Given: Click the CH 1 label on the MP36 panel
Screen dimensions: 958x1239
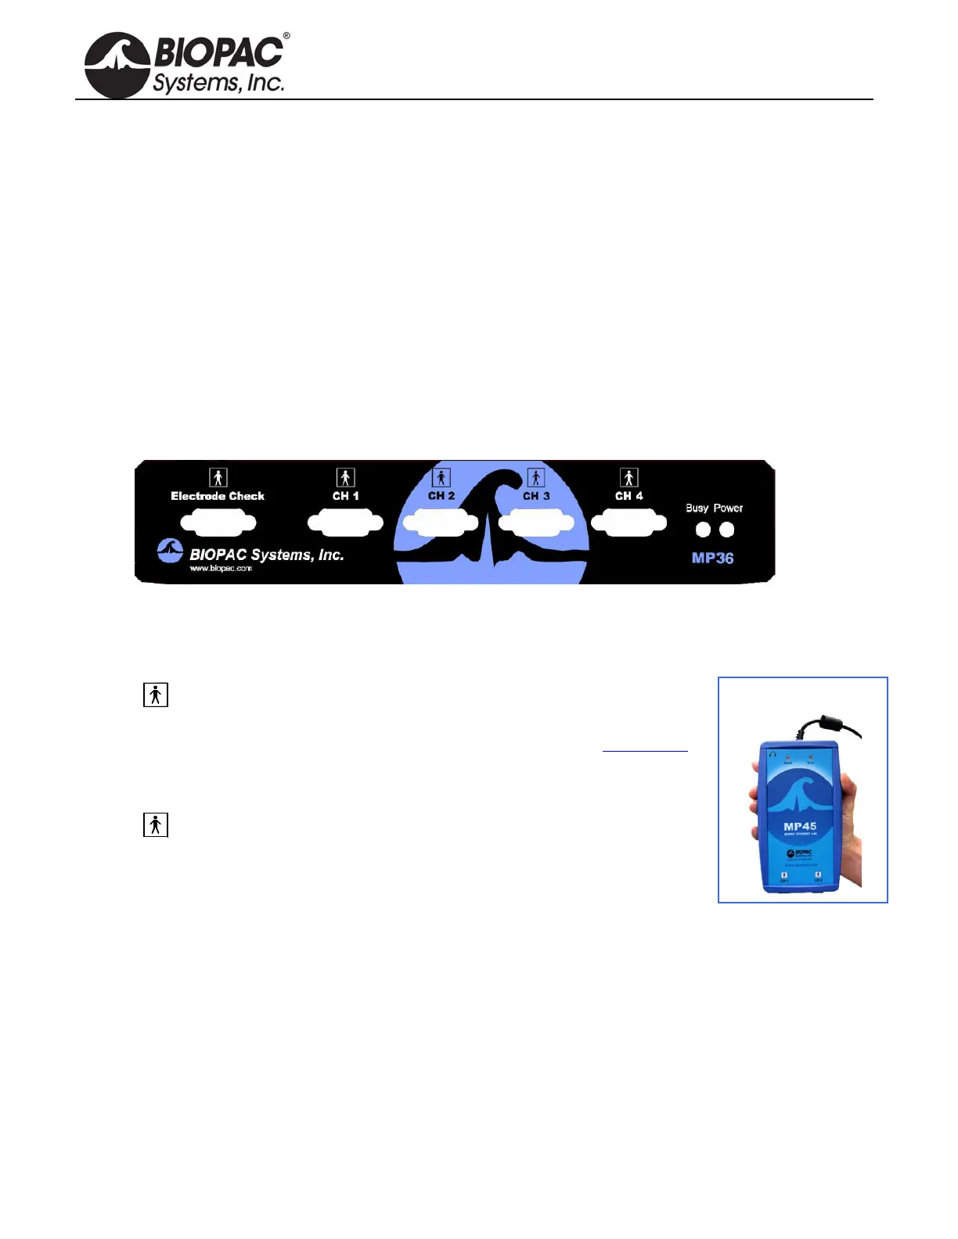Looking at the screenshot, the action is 345,496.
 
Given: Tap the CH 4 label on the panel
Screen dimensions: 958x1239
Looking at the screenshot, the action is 628,496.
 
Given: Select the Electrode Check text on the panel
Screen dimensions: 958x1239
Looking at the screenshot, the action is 218,496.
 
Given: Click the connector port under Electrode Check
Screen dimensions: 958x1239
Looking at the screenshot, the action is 218,523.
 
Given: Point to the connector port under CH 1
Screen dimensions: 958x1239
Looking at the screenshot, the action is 345,523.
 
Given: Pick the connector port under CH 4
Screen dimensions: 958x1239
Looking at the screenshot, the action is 629,523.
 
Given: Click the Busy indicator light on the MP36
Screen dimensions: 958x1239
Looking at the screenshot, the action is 703,530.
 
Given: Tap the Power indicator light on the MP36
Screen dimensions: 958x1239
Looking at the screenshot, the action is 727,530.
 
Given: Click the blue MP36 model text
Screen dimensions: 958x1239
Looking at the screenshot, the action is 712,558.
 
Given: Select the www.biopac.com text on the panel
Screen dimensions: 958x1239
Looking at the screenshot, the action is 221,569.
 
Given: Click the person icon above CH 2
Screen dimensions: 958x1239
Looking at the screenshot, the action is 441,477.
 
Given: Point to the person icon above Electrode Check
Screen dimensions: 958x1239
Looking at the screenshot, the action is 218,477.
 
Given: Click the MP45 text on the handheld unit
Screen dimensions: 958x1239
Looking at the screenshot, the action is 800,827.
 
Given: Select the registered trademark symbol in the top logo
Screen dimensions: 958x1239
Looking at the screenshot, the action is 286,36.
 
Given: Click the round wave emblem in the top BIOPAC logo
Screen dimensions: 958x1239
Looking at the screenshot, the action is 117,65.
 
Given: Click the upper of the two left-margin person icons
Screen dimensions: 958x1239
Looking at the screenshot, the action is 156,695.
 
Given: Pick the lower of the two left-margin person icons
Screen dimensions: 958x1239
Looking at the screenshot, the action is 156,824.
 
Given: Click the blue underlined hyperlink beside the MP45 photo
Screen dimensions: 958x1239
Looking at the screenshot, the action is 645,747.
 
